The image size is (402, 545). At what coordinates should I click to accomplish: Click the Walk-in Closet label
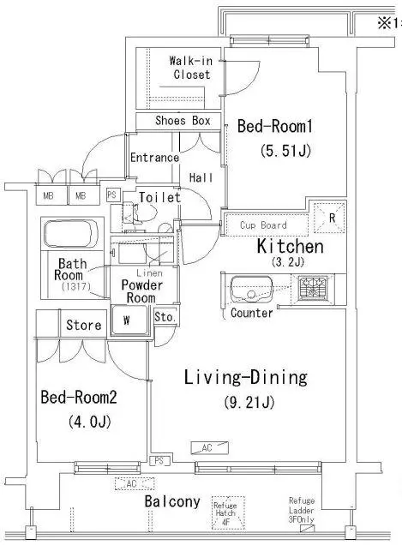[x=191, y=68]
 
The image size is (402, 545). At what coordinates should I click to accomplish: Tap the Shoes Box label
[x=183, y=121]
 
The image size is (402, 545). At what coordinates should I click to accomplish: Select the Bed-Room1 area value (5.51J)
[x=285, y=151]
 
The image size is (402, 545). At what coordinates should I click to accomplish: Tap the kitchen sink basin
[x=251, y=289]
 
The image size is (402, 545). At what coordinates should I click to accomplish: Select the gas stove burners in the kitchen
[x=313, y=287]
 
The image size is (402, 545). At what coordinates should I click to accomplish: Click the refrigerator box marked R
[x=330, y=218]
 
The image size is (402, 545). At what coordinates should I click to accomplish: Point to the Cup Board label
[x=264, y=225]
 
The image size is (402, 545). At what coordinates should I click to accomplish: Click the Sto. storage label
[x=165, y=317]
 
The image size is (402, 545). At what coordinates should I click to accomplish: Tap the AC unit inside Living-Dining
[x=210, y=447]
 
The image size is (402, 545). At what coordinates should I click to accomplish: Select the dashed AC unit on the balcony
[x=135, y=483]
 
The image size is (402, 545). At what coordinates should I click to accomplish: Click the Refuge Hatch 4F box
[x=229, y=512]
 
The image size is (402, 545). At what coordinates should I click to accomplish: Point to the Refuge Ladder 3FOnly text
[x=302, y=510]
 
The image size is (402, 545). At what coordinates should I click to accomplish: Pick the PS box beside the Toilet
[x=112, y=195]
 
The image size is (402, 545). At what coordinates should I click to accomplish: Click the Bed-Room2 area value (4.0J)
[x=90, y=422]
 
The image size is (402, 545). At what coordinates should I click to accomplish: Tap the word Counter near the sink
[x=252, y=313]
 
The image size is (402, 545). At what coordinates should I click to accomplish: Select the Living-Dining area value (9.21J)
[x=249, y=403]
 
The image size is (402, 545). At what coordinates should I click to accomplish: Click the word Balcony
[x=172, y=501]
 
